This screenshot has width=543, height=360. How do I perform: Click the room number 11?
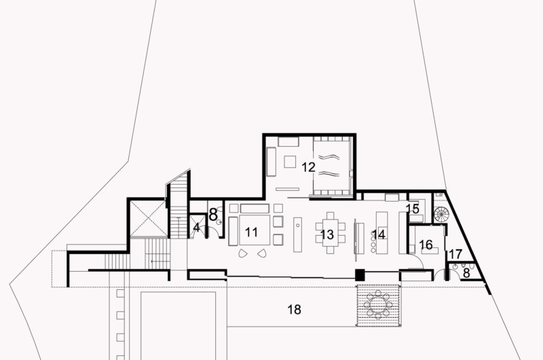pyautogui.click(x=252, y=232)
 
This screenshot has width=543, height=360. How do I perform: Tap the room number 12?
pyautogui.click(x=309, y=165)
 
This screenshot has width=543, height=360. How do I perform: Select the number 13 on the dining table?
pyautogui.click(x=327, y=234)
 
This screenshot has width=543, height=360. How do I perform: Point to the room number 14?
pyautogui.click(x=379, y=234)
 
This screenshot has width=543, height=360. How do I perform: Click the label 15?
pyautogui.click(x=413, y=209)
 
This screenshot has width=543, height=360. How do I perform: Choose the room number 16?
pyautogui.click(x=426, y=244)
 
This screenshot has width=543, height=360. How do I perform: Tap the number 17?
pyautogui.click(x=455, y=255)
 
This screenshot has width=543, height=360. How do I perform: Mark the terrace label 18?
pyautogui.click(x=293, y=309)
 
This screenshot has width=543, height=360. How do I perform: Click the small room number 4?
pyautogui.click(x=197, y=228)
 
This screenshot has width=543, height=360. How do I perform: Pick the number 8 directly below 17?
pyautogui.click(x=466, y=273)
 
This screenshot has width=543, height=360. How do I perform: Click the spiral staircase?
pyautogui.click(x=441, y=215)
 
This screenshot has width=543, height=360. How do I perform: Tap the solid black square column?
pyautogui.click(x=360, y=275)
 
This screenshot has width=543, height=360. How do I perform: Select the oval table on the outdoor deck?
pyautogui.click(x=377, y=304)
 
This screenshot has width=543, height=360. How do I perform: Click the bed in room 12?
pyautogui.click(x=331, y=165)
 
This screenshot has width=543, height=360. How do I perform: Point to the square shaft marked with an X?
pyautogui.click(x=147, y=219)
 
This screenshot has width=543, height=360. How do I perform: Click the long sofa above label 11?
pyautogui.click(x=254, y=208)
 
